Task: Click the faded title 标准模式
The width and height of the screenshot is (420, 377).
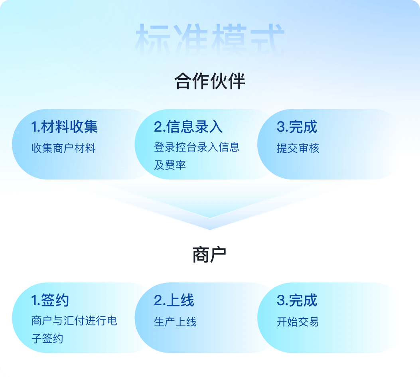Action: pos(210,39)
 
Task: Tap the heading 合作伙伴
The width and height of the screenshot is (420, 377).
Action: pos(210,81)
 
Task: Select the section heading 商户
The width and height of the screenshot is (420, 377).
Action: pos(209,255)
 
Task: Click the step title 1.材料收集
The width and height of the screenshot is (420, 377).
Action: pos(64,127)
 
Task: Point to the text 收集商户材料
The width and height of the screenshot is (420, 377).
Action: pos(63,148)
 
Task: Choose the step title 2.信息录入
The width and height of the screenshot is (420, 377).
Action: pos(188,127)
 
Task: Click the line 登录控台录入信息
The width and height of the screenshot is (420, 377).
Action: pos(197,147)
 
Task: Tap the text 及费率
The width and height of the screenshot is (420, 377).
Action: pos(170,165)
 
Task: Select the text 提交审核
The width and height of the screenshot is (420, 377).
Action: pos(298,148)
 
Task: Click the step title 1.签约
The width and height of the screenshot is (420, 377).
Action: pos(50,300)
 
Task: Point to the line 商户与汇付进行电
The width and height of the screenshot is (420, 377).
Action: pos(74,321)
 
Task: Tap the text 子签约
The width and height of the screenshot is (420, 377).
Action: pos(47,338)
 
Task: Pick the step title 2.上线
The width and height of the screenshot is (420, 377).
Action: pos(174,300)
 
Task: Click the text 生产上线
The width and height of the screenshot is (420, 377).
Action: pos(175,322)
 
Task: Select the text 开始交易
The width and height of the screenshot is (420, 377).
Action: pos(298,322)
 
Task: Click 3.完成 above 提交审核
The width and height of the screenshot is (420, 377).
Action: pos(297,127)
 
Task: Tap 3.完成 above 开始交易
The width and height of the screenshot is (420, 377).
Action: pos(297,300)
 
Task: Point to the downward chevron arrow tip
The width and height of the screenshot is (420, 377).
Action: pos(210,230)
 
